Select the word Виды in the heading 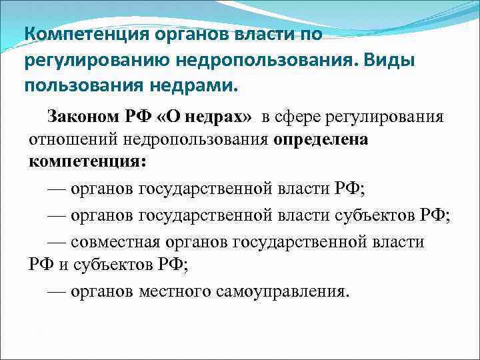click(399, 61)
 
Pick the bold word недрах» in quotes click(221, 117)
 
